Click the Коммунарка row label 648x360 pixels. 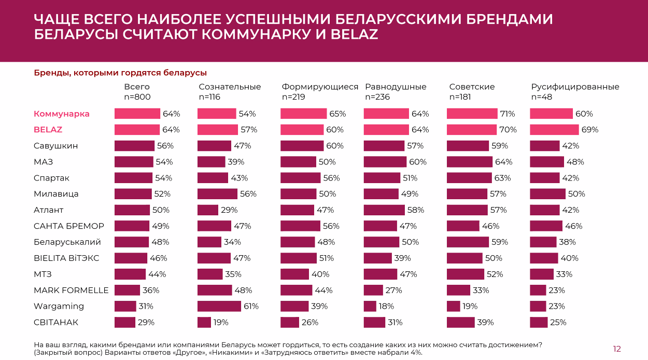point(62,114)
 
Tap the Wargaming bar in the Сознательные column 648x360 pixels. point(219,306)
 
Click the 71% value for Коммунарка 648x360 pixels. point(508,114)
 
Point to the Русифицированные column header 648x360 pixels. point(575,87)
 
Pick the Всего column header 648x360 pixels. point(137,87)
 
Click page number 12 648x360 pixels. point(616,349)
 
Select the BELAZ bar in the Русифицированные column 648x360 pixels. point(554,130)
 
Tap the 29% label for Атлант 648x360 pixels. point(229,210)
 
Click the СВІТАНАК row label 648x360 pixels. point(56,322)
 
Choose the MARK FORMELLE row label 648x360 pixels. point(71,290)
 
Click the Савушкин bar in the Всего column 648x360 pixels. point(134,146)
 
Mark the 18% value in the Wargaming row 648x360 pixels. point(386,306)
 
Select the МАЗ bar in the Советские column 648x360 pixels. point(469,162)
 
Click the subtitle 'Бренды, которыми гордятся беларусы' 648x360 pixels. point(120,73)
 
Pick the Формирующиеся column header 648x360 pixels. point(320,87)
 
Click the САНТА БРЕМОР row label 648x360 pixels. point(69,226)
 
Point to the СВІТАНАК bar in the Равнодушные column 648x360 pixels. point(374,322)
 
